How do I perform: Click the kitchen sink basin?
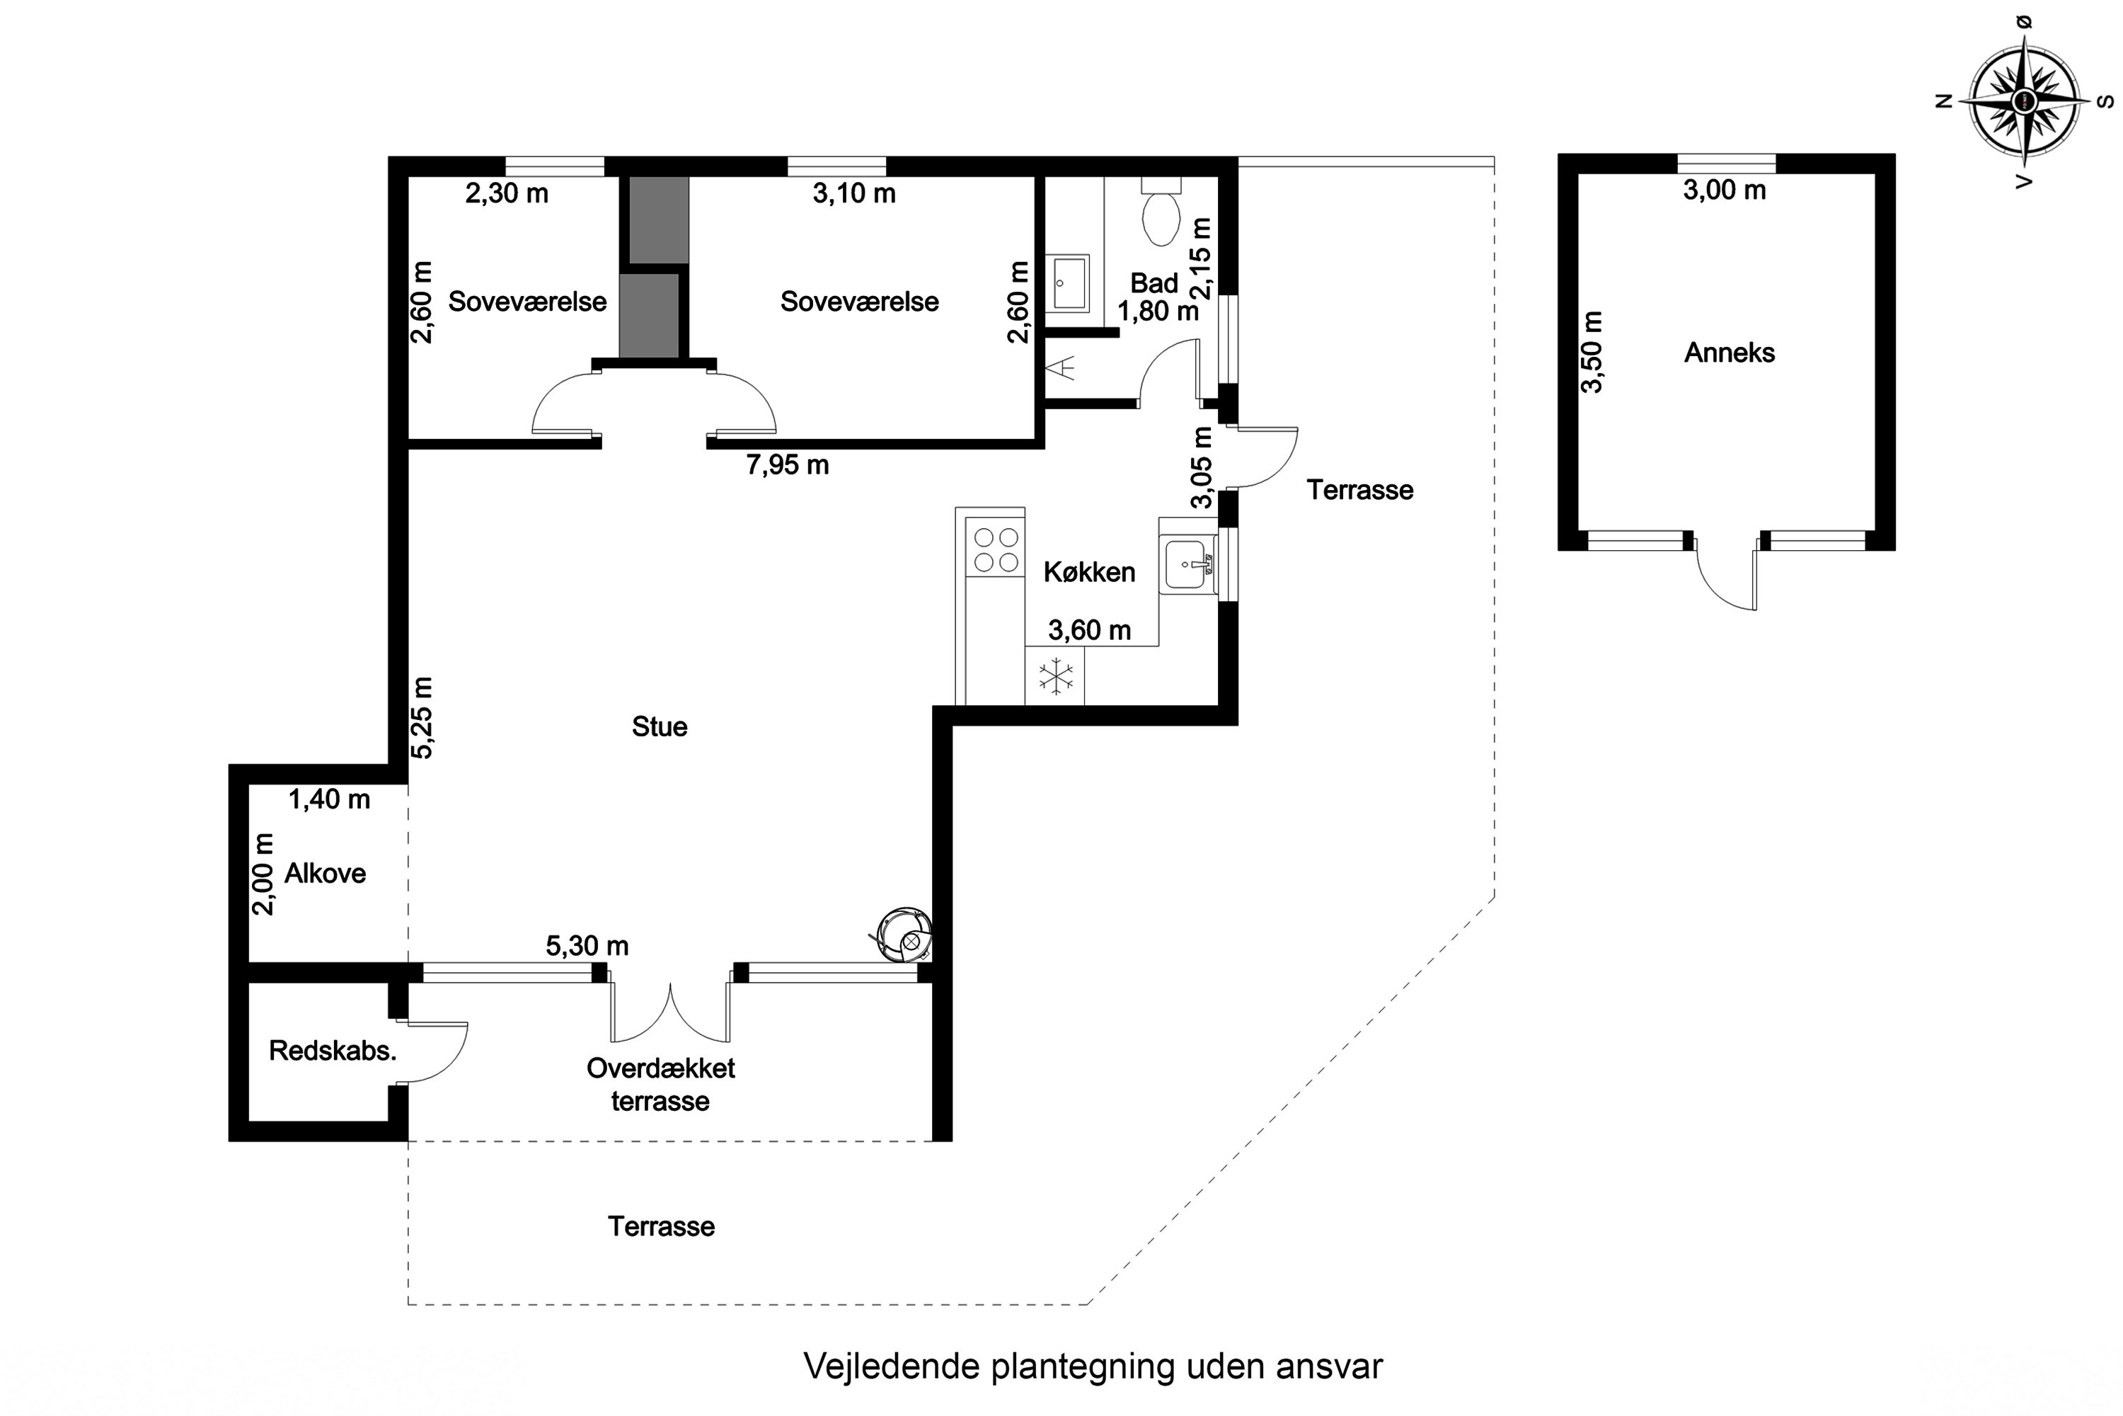tap(1184, 564)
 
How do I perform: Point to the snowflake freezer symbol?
tap(1055, 676)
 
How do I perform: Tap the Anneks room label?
tap(1729, 353)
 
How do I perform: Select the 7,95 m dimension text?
tap(787, 465)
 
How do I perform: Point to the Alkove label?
tap(325, 873)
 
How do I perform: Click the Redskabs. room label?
tap(332, 1050)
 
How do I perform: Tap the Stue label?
tap(659, 727)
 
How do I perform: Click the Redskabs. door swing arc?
tap(442, 1053)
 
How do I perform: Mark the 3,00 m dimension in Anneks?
tap(1724, 190)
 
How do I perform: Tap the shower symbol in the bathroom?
tap(1061, 368)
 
